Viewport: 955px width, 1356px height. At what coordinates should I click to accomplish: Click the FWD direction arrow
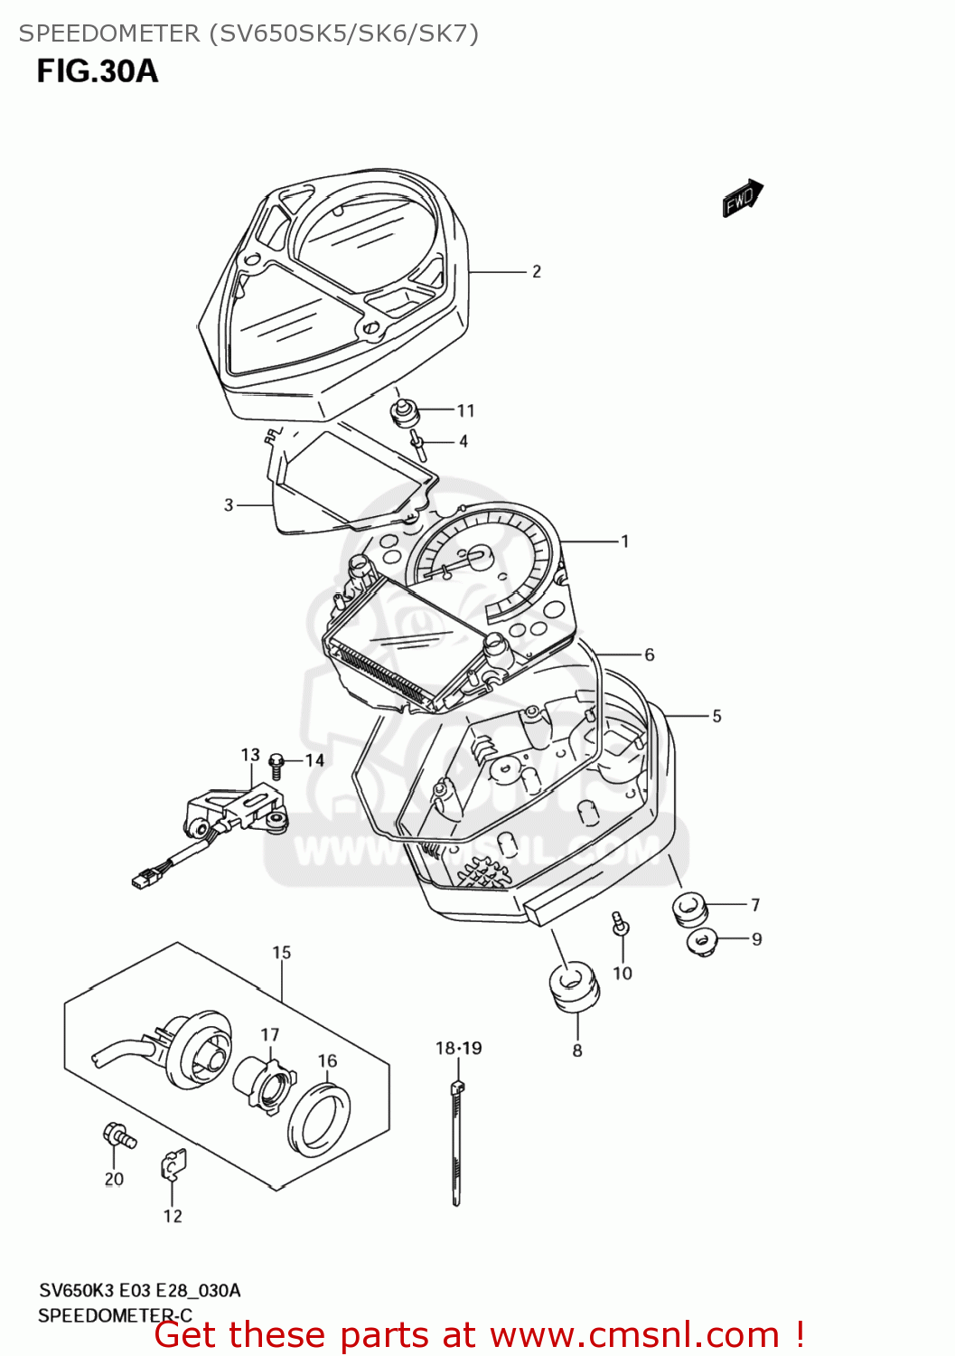pyautogui.click(x=742, y=199)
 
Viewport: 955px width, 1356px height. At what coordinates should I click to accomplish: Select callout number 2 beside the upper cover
pyautogui.click(x=537, y=271)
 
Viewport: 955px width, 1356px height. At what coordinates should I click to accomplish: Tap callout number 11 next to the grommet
pyautogui.click(x=465, y=410)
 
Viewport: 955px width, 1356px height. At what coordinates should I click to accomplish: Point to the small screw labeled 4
pyautogui.click(x=417, y=443)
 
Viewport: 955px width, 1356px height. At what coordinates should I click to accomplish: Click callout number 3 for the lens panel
pyautogui.click(x=229, y=504)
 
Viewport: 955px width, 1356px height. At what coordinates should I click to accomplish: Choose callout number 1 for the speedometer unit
pyautogui.click(x=624, y=541)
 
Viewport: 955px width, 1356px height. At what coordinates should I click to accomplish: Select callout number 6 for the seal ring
pyautogui.click(x=649, y=654)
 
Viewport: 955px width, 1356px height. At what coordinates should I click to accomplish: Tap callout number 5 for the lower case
pyautogui.click(x=716, y=716)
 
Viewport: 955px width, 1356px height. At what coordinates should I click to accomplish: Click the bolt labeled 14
pyautogui.click(x=278, y=765)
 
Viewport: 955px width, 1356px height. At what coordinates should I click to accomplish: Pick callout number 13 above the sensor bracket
pyautogui.click(x=250, y=754)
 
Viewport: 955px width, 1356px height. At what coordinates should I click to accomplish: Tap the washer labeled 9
pyautogui.click(x=700, y=941)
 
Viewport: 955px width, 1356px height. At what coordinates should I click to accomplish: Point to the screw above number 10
pyautogui.click(x=620, y=924)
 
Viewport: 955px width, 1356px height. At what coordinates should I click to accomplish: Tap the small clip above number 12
pyautogui.click(x=173, y=1165)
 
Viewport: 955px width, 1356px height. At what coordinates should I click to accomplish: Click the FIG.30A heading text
pyautogui.click(x=98, y=71)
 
